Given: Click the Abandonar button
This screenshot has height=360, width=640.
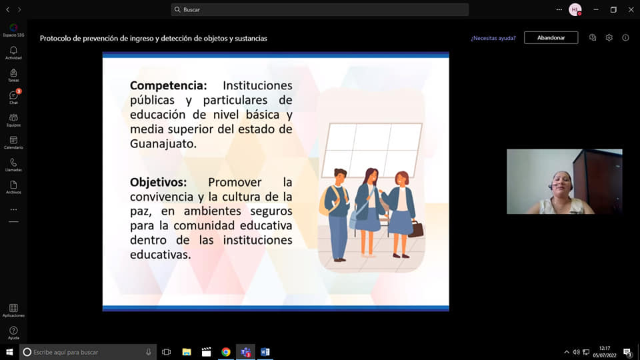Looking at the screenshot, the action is (551, 37).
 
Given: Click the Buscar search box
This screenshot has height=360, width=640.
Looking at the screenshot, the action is (319, 9).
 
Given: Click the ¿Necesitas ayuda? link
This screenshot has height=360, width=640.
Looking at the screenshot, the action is (493, 38).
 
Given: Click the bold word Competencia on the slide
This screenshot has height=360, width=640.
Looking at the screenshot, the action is (169, 86).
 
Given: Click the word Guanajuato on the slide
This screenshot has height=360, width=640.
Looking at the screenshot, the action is (163, 144).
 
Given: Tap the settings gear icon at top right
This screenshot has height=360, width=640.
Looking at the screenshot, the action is (609, 37).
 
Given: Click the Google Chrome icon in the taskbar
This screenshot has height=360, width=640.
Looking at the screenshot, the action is (226, 352).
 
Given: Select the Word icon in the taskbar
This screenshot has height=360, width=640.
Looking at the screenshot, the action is (265, 352).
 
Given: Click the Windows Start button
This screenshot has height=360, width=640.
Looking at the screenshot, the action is (9, 352).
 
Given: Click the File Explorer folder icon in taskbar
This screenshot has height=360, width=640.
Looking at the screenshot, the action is (187, 352).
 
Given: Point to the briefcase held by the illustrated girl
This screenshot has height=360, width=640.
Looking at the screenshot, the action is (415, 229).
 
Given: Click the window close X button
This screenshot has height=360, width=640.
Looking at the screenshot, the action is (631, 9).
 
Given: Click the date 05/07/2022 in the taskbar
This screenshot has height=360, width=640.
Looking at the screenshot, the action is (605, 355).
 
